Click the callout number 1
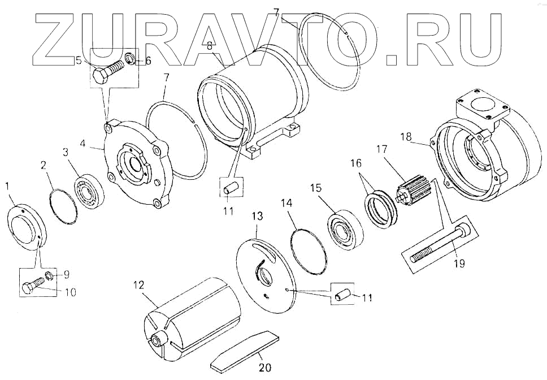coord(7,185)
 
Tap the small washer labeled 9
coord(49,275)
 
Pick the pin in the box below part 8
coord(231,188)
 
